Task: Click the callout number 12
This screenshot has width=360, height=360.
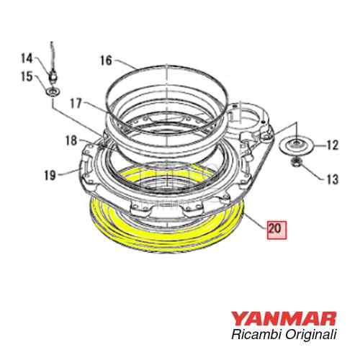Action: click(x=332, y=146)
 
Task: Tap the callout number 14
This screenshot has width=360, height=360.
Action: click(x=27, y=58)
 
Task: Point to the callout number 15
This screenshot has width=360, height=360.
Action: click(x=27, y=76)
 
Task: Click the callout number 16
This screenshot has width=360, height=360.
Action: click(x=106, y=61)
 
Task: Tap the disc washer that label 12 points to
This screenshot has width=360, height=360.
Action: click(x=295, y=146)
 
